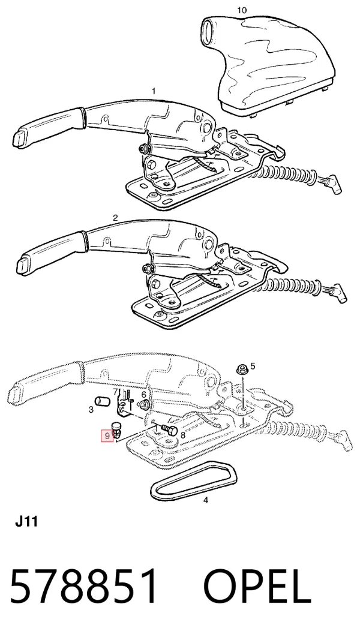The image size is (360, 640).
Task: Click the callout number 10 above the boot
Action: (x=242, y=10)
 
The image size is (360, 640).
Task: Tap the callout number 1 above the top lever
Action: (x=154, y=91)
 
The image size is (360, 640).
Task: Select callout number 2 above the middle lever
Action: (x=115, y=218)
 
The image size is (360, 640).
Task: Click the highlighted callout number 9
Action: (x=107, y=436)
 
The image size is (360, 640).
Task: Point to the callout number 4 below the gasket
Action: (x=206, y=500)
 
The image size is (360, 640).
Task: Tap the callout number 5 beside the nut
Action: (x=253, y=366)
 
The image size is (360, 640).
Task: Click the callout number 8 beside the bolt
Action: (x=183, y=435)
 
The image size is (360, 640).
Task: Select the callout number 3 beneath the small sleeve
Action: (x=91, y=409)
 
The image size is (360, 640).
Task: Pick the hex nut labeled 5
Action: (x=241, y=370)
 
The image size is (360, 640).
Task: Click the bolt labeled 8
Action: (x=169, y=430)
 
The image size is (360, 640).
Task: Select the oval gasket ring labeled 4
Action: (x=194, y=481)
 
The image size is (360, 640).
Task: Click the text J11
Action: (x=26, y=522)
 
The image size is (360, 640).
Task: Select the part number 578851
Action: (x=83, y=587)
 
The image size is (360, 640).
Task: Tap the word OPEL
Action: (x=257, y=587)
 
